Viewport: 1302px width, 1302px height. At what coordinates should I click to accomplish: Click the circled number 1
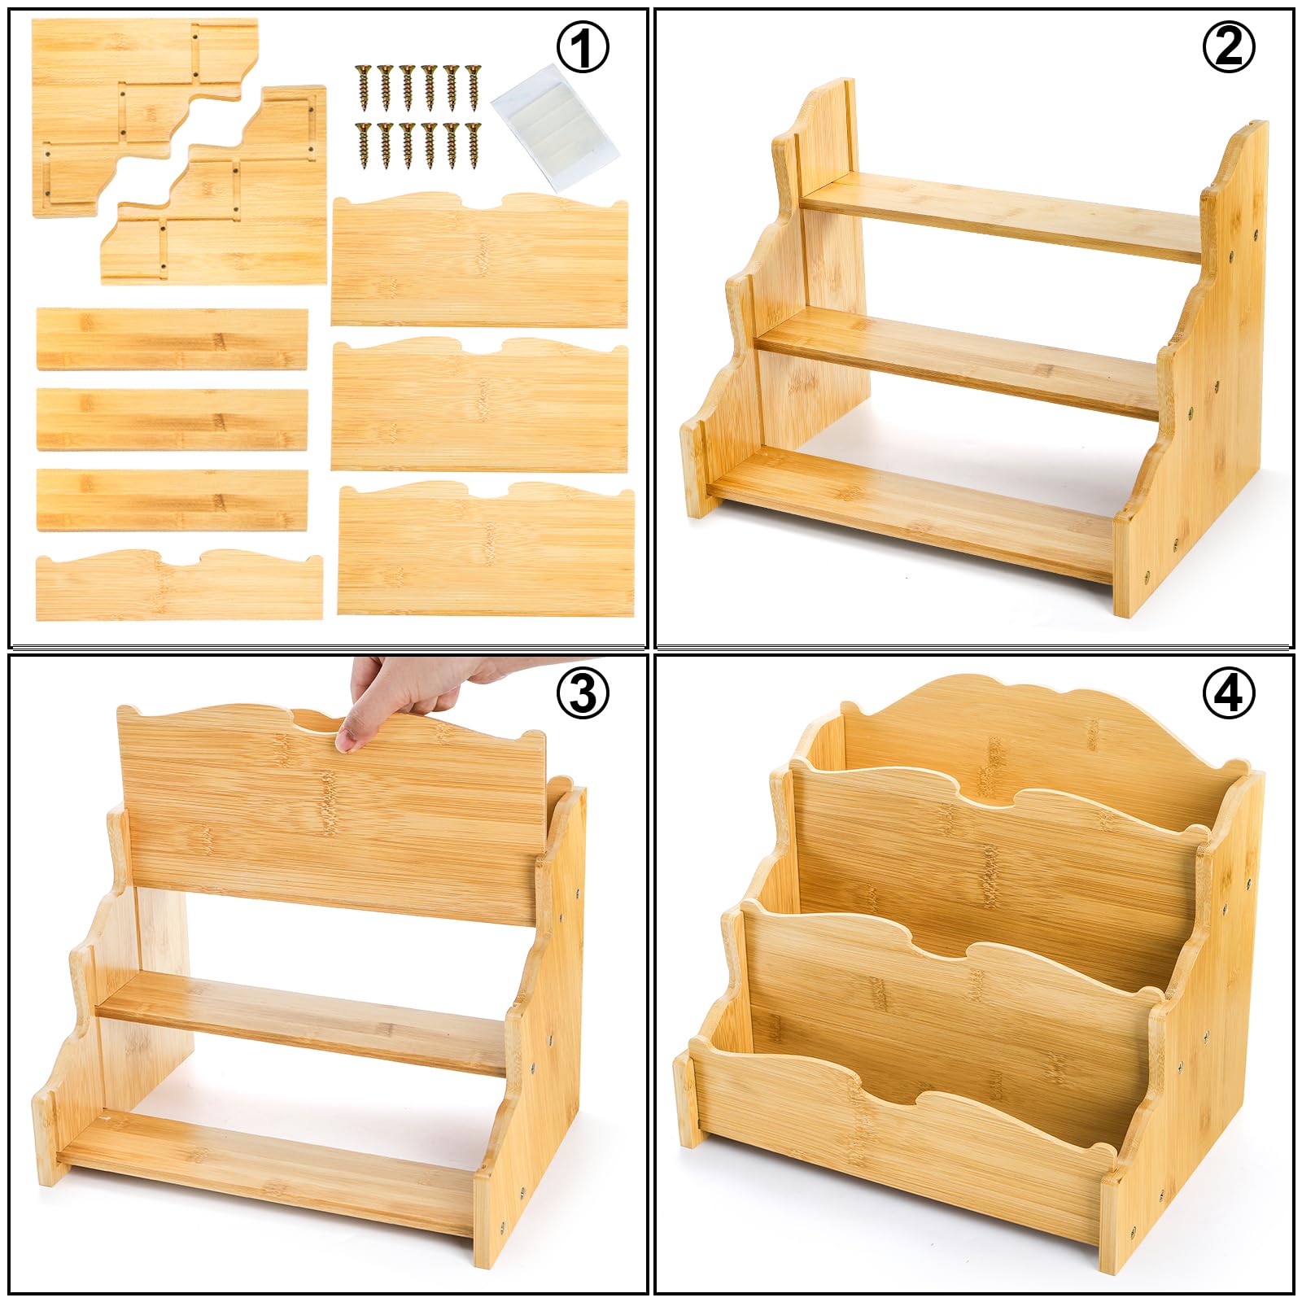click(x=583, y=48)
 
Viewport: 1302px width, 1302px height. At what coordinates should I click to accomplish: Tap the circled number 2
click(x=1229, y=48)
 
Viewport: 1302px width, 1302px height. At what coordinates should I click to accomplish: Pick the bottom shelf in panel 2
click(x=911, y=513)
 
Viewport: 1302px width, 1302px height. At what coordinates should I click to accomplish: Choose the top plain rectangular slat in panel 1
click(x=172, y=339)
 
